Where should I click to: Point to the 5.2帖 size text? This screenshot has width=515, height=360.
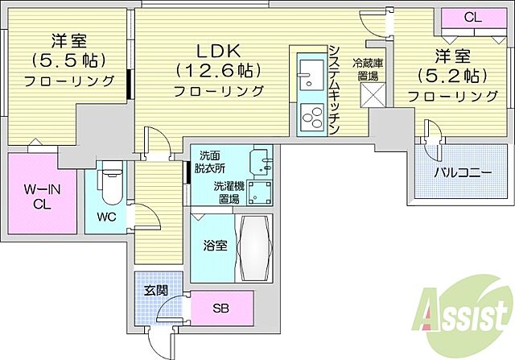(x=451, y=77)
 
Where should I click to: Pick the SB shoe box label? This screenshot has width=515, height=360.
(x=220, y=306)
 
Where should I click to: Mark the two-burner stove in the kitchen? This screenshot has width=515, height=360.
(x=308, y=114)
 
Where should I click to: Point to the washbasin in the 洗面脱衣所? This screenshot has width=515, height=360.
(x=258, y=161)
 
